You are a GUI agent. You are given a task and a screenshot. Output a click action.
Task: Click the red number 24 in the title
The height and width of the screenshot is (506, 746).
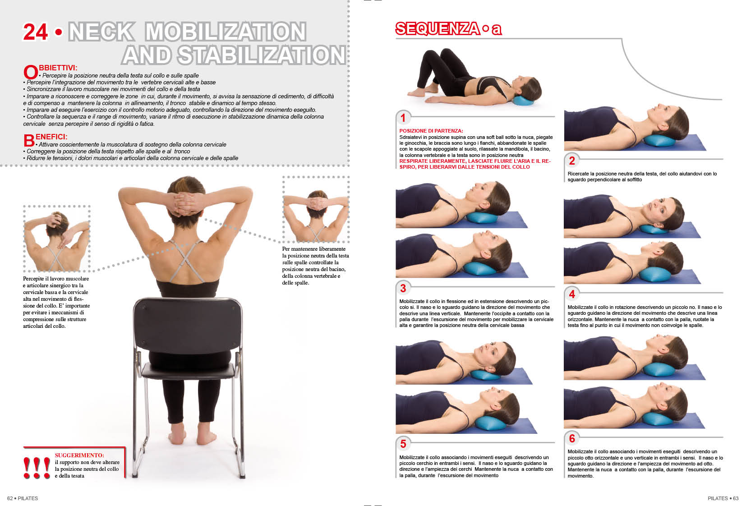tap(35, 32)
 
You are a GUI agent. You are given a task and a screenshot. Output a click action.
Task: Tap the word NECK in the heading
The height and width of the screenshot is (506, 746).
tap(101, 32)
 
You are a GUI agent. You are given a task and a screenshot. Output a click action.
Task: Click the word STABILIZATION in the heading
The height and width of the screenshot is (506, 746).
tap(262, 55)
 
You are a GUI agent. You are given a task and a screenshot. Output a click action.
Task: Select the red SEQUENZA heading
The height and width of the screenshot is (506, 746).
tap(437, 28)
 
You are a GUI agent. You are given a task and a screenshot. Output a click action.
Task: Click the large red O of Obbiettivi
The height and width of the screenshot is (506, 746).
tap(31, 72)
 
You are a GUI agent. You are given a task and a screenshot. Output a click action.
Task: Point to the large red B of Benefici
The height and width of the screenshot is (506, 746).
tap(29, 141)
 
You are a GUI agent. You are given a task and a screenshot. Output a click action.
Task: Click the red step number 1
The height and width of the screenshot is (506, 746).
tap(403, 118)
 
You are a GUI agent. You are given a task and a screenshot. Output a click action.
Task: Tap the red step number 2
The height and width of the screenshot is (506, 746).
tap(572, 161)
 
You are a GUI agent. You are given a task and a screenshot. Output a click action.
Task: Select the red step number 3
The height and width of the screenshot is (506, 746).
tap(403, 288)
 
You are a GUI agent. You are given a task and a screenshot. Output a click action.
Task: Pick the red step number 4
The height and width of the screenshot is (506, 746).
tap(572, 294)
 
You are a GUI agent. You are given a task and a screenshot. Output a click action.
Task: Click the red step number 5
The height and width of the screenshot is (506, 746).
tap(403, 444)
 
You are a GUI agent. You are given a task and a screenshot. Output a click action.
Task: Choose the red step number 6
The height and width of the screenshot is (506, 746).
tap(572, 438)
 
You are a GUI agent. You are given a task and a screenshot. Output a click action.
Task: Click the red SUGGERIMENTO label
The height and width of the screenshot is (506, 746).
tap(79, 455)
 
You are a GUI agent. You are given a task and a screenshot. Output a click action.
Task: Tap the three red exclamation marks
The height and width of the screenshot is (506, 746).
tap(37, 468)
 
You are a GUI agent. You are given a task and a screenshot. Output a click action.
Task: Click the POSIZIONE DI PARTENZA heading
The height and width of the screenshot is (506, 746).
tap(431, 131)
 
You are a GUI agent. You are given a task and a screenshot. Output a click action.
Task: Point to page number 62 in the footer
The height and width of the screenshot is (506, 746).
tap(10, 498)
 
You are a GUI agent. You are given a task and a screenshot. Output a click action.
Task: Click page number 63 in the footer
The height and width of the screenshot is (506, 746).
tap(735, 498)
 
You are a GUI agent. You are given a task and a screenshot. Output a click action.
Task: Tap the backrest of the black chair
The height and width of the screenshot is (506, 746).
tap(188, 326)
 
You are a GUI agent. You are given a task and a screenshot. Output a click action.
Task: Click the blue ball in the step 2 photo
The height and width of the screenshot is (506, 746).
tap(659, 141)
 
